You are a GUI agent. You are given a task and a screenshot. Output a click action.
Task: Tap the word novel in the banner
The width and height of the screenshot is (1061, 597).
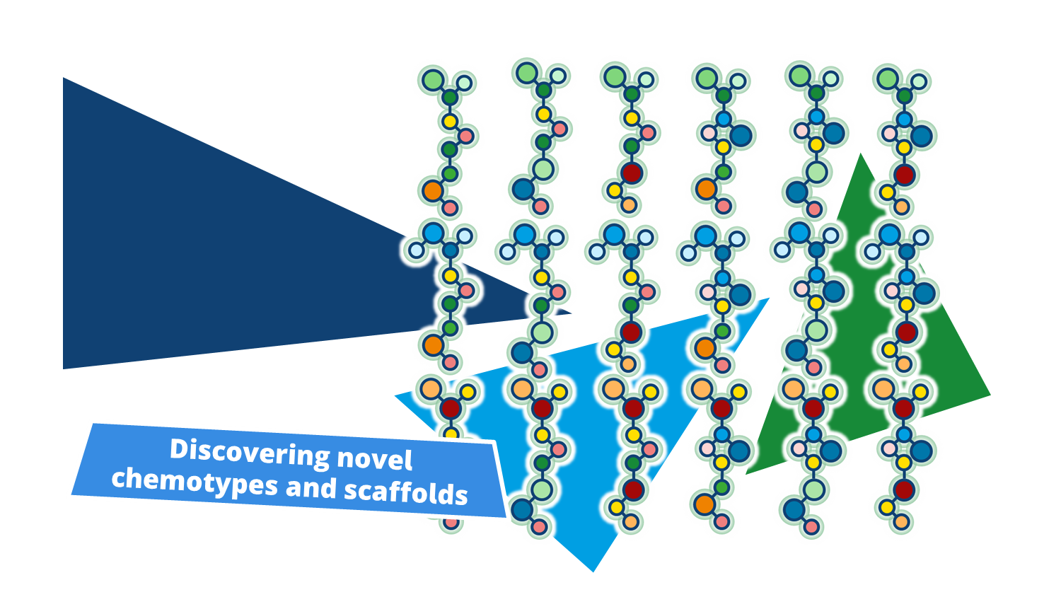click(x=374, y=460)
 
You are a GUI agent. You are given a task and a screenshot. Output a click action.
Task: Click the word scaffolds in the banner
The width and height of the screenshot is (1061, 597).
click(x=405, y=492)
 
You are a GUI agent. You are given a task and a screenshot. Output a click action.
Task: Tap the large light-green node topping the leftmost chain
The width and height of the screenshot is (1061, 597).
click(x=433, y=79)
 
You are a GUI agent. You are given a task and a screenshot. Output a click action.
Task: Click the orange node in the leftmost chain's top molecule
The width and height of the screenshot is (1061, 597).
click(x=432, y=190)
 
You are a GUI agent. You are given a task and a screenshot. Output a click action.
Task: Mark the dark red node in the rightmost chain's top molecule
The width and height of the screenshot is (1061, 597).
click(x=904, y=174)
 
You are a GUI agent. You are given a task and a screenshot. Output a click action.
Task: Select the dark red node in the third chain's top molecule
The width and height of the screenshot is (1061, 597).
click(x=632, y=173)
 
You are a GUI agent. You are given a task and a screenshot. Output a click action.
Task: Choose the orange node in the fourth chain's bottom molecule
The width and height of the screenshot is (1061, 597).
click(x=704, y=504)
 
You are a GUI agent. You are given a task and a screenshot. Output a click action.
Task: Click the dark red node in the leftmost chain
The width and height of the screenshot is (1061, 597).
click(x=451, y=408)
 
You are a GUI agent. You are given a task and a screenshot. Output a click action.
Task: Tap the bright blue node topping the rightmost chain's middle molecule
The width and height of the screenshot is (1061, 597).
click(x=889, y=234)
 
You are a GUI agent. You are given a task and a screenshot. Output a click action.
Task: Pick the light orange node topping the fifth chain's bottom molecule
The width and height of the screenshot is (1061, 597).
click(x=793, y=388)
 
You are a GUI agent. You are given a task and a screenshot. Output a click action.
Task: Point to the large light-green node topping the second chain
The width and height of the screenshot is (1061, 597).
click(x=526, y=73)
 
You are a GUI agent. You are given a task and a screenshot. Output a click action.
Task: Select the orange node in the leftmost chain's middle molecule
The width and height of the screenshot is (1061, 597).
click(x=433, y=346)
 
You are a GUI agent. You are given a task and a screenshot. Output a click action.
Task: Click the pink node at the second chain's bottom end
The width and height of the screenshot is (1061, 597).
click(x=539, y=526)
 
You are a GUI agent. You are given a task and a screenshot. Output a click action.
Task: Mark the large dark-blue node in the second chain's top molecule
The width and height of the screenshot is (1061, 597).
click(x=523, y=189)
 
